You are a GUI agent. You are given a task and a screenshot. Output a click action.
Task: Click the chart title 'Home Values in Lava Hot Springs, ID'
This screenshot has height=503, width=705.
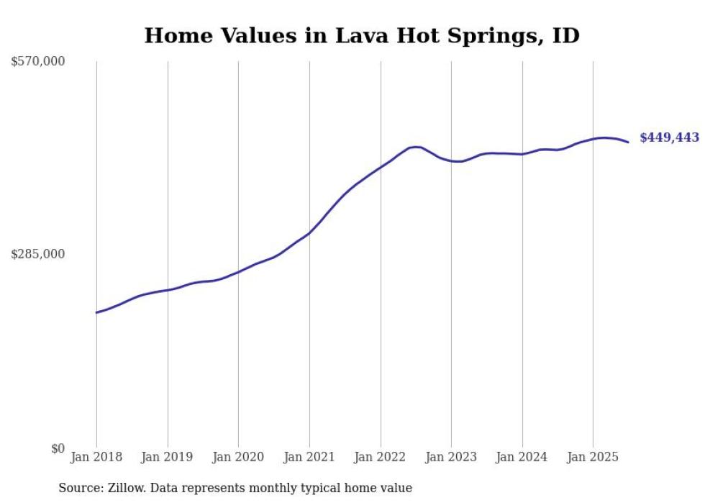(x=361, y=35)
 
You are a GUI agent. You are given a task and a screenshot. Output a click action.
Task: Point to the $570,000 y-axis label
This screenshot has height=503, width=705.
(x=38, y=62)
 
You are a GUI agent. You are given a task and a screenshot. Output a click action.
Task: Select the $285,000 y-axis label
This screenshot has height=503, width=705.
(x=38, y=254)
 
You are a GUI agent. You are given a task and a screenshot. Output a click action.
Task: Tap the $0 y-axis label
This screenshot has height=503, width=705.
(x=58, y=448)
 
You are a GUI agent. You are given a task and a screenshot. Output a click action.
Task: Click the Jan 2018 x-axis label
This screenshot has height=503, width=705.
(x=96, y=457)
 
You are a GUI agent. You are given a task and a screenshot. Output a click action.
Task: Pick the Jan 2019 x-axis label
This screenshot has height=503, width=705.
(x=168, y=457)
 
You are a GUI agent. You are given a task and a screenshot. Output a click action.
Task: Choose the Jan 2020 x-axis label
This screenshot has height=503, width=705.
(x=238, y=457)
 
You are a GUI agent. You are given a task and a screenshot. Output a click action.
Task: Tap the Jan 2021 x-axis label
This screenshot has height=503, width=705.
(x=309, y=457)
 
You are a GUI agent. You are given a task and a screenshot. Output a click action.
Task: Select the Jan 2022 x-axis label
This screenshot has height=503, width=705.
(x=380, y=457)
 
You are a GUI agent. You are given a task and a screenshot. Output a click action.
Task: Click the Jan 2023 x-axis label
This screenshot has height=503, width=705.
(x=451, y=457)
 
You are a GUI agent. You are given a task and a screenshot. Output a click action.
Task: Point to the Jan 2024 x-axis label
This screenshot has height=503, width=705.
(x=522, y=457)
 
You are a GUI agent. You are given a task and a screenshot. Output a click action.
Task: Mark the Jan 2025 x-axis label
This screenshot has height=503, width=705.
(x=593, y=457)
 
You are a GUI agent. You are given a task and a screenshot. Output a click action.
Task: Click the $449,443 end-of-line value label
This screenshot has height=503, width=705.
(x=669, y=138)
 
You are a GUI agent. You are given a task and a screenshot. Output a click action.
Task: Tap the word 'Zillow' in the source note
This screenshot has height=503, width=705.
(x=127, y=488)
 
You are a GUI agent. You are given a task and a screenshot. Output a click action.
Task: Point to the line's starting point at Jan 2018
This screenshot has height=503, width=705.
(x=96, y=312)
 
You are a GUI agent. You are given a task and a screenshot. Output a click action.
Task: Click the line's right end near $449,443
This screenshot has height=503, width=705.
(x=628, y=142)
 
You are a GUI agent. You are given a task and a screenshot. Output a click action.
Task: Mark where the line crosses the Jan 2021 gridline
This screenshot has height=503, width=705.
(x=309, y=232)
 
